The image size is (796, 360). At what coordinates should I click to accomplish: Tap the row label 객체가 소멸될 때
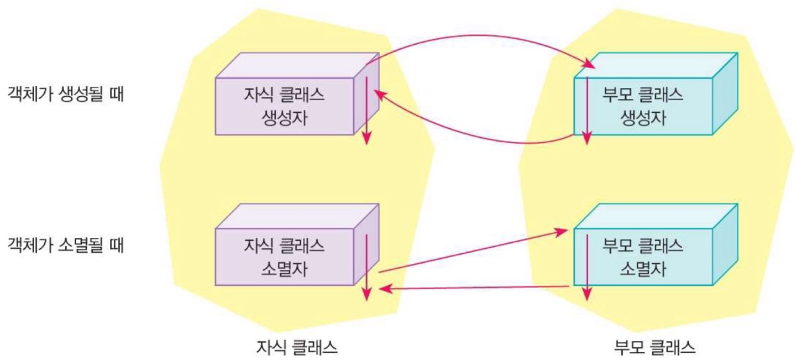click(x=66, y=245)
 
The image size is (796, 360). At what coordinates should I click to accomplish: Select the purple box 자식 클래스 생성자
click(x=284, y=106)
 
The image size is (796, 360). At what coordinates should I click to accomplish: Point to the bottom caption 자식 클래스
click(x=297, y=347)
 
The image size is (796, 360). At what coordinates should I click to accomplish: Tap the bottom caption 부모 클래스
click(x=655, y=347)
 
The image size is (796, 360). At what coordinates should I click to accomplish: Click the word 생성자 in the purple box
click(x=284, y=118)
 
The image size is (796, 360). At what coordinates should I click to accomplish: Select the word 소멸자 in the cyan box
click(x=643, y=269)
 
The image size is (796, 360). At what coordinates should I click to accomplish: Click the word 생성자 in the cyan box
click(x=643, y=118)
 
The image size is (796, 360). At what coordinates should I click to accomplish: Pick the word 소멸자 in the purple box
click(x=284, y=269)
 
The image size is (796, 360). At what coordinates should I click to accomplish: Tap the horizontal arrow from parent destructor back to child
click(x=475, y=288)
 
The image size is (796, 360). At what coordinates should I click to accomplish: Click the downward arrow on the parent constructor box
click(x=587, y=111)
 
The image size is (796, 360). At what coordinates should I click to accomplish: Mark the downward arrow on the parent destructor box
click(x=587, y=265)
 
